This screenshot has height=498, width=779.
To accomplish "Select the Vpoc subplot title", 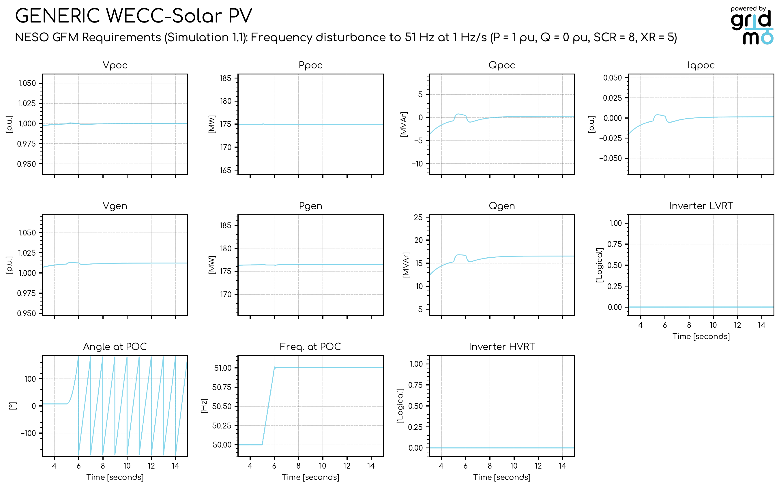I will click(115, 65).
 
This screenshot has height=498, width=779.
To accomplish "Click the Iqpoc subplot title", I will click(701, 65).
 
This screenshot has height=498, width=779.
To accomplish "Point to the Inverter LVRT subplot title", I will click(701, 206).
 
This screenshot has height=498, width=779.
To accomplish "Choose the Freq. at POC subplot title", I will click(310, 347).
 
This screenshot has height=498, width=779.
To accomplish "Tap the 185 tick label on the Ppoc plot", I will click(226, 78).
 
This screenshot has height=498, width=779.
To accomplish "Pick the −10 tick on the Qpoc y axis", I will click(417, 164).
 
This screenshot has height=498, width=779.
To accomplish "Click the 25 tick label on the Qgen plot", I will click(418, 218).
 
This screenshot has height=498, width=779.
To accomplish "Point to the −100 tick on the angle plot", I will click(29, 433).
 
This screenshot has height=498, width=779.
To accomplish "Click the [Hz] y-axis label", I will click(204, 406).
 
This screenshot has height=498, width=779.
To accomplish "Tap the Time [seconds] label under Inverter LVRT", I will click(701, 336).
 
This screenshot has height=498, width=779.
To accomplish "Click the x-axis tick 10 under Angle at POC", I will click(127, 466).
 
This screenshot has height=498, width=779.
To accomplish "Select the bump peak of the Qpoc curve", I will click(458, 114).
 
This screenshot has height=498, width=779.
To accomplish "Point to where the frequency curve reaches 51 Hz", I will click(275, 368).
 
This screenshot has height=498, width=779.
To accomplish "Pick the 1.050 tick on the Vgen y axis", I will click(27, 233).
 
